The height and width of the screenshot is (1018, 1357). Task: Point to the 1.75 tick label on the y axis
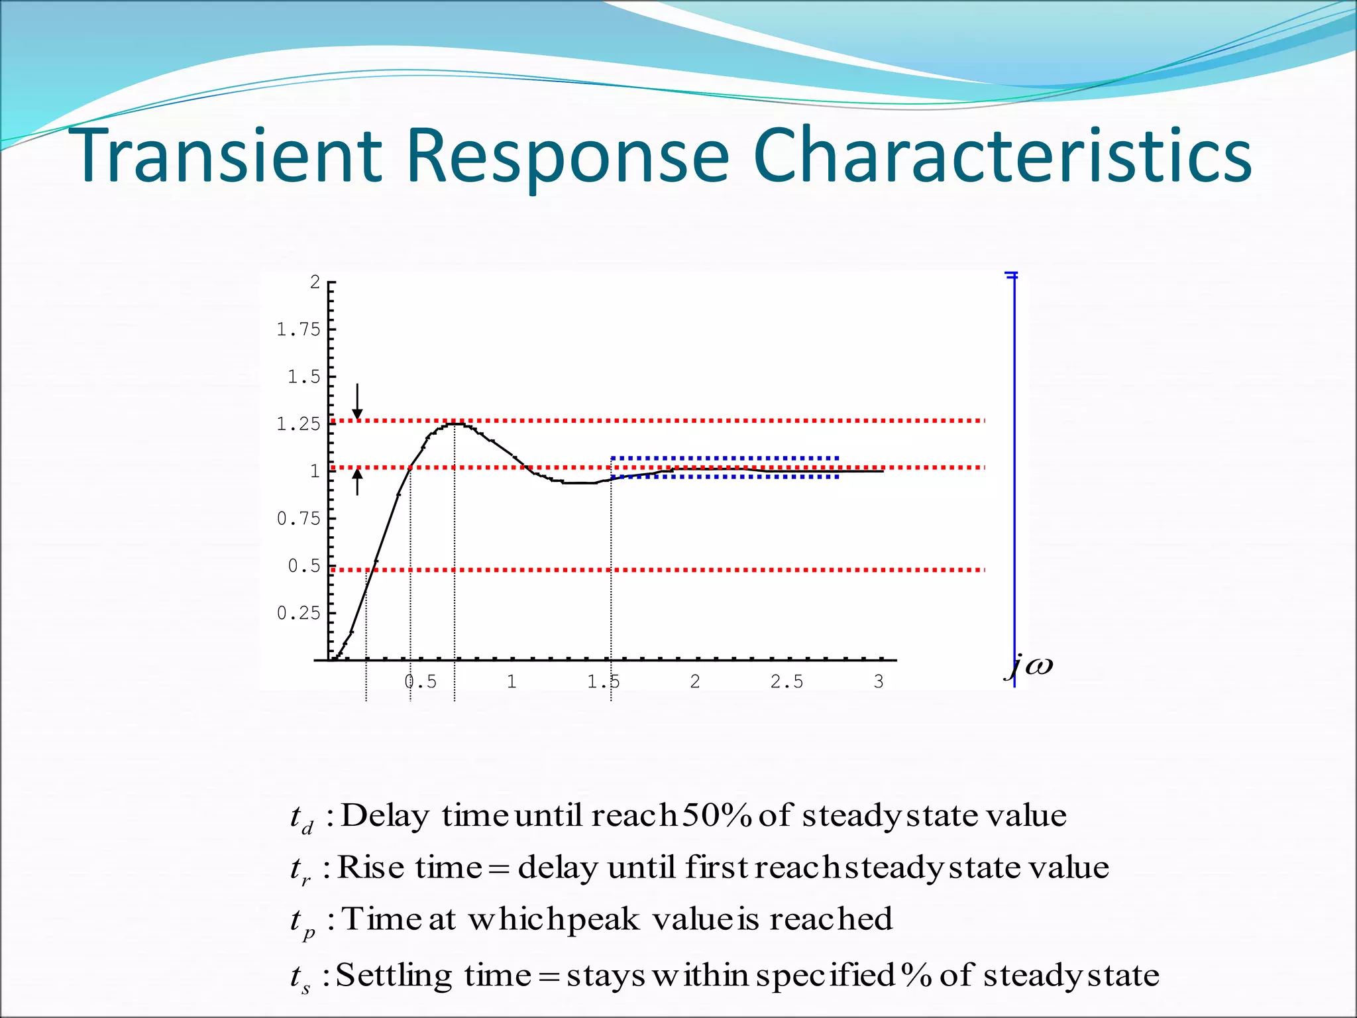(298, 329)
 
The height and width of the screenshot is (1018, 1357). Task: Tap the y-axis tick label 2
(315, 282)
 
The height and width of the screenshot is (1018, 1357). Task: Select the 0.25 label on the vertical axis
(298, 613)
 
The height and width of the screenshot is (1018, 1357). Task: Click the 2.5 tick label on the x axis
(787, 681)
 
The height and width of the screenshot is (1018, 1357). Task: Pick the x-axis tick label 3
(879, 681)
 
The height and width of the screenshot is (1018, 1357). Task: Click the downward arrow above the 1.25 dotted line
(357, 402)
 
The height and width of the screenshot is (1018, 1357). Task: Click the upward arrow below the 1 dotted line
(357, 482)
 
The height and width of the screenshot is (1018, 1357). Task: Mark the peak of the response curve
(455, 423)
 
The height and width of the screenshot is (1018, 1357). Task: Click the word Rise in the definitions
(371, 867)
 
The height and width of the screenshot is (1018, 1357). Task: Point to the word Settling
(394, 976)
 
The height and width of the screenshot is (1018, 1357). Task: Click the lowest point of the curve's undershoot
(579, 483)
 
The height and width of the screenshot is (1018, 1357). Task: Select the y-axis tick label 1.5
(304, 377)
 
